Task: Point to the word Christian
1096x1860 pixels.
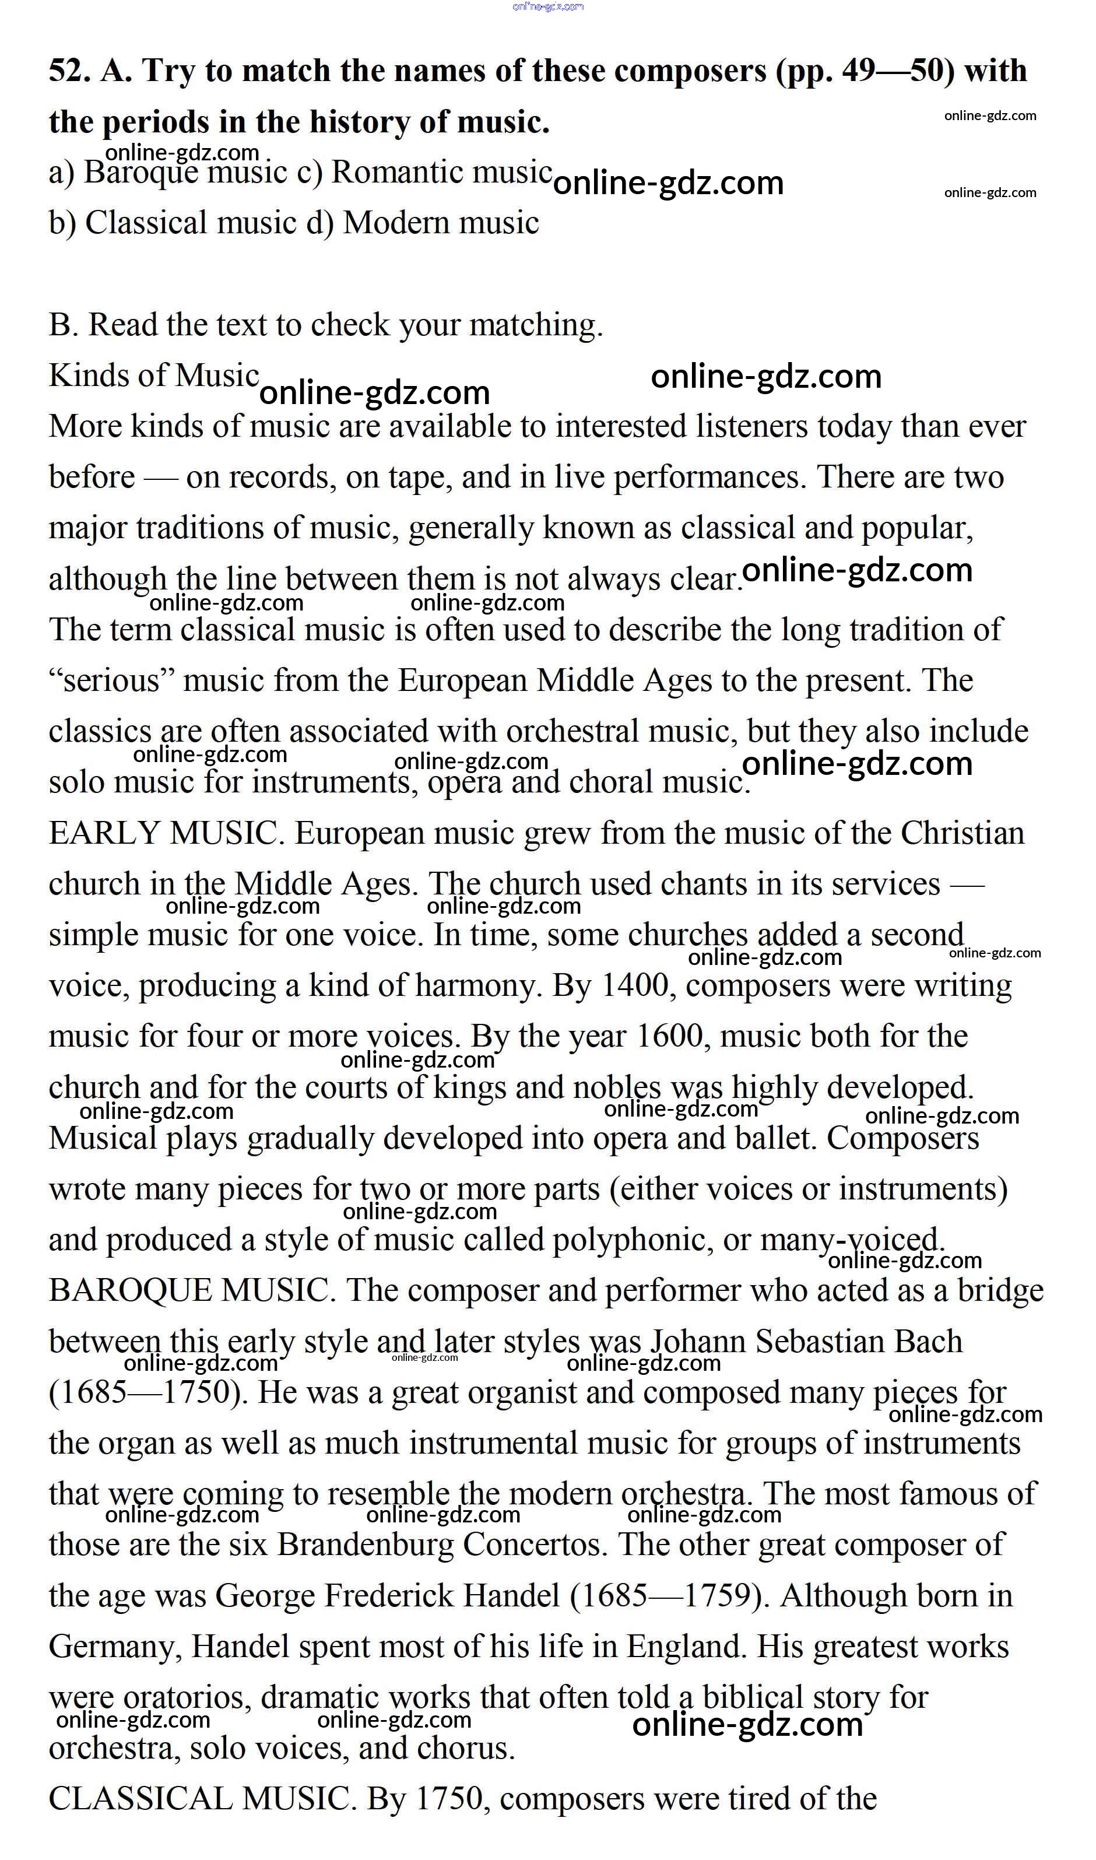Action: tap(961, 833)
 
